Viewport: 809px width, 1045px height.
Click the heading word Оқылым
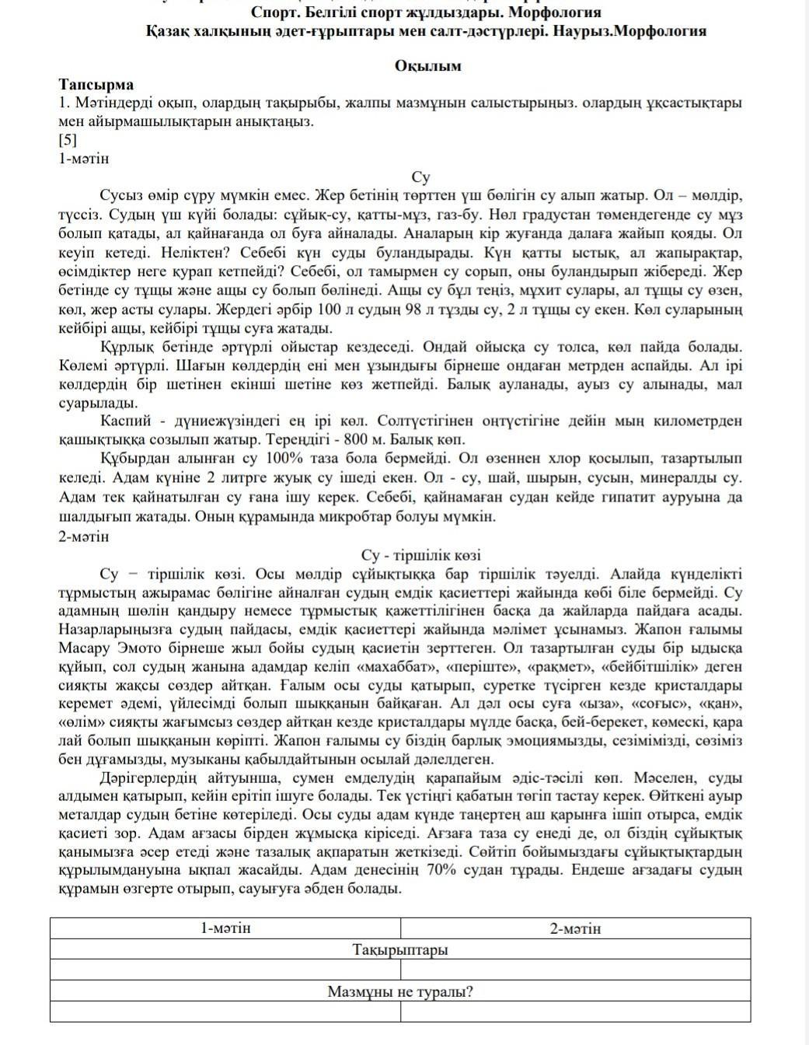tap(427, 65)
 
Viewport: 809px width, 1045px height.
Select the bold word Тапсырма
tap(96, 84)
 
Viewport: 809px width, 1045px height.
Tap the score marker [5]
tap(68, 140)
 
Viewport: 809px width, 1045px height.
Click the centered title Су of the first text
tap(420, 177)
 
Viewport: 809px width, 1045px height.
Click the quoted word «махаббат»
tap(390, 667)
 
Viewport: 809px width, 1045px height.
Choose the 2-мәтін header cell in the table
tap(575, 928)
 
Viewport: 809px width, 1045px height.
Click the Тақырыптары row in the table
tap(400, 949)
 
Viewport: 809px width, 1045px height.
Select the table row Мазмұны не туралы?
tap(400, 991)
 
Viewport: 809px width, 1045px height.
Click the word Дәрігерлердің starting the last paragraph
tap(148, 778)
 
